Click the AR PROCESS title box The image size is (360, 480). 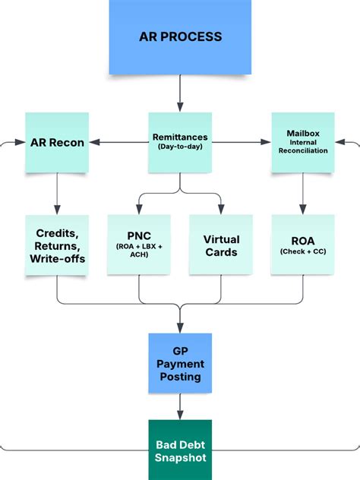click(x=180, y=36)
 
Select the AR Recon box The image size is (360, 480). click(x=57, y=142)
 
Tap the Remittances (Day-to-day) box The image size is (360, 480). click(x=180, y=142)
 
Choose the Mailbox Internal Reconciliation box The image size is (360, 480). click(x=303, y=142)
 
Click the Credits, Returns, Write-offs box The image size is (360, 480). click(x=57, y=245)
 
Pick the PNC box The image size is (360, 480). click(x=139, y=245)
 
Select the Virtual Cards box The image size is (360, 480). click(x=221, y=245)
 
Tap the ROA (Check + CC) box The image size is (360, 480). click(x=303, y=245)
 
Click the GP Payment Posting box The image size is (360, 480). click(x=180, y=363)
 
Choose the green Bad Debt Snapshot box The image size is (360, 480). click(x=180, y=449)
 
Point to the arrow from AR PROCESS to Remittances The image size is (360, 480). click(x=180, y=93)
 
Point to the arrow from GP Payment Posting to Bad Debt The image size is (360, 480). click(x=180, y=407)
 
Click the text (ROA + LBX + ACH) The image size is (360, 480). click(x=139, y=251)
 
